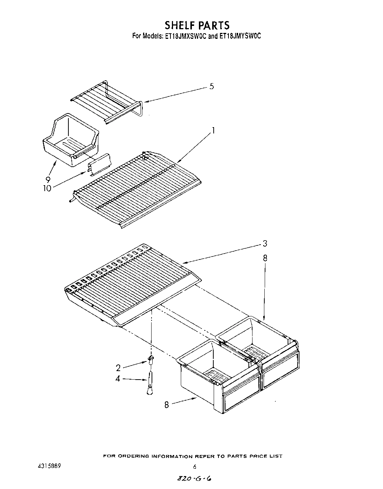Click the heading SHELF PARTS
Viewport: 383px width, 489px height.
click(x=197, y=25)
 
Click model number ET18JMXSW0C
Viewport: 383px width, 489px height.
click(x=183, y=36)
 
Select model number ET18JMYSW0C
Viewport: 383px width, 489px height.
click(x=240, y=36)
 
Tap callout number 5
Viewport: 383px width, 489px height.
click(x=211, y=87)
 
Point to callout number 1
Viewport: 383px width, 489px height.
click(x=213, y=130)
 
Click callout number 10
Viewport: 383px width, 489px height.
click(x=47, y=188)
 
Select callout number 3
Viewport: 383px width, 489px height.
click(x=265, y=244)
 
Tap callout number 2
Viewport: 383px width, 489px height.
click(x=118, y=368)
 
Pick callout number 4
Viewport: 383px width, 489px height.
click(x=118, y=379)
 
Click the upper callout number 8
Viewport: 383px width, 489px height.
click(x=265, y=258)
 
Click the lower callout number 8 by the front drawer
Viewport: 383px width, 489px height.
click(x=166, y=405)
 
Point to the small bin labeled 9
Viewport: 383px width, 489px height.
click(x=71, y=139)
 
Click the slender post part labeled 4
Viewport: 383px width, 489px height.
click(x=150, y=383)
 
